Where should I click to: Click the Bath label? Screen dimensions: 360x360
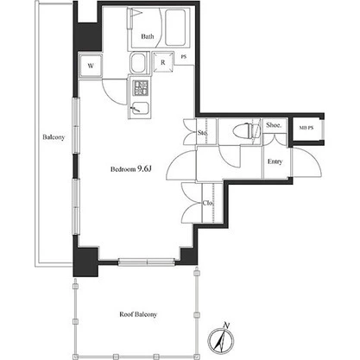tap(148, 36)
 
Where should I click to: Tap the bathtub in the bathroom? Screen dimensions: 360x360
tap(175, 28)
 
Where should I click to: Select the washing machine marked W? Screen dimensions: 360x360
tap(91, 66)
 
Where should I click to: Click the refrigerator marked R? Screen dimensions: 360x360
tap(163, 62)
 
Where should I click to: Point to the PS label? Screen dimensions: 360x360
tap(184, 57)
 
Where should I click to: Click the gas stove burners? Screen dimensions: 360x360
tap(141, 88)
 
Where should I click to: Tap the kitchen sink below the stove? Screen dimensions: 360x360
tap(141, 110)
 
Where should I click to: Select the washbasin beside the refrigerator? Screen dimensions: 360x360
tap(138, 63)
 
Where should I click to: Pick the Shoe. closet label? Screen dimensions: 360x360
tap(274, 125)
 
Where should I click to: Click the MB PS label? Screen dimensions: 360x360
tap(306, 128)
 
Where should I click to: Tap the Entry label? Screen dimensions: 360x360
tap(275, 161)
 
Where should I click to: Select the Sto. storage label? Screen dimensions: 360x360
tap(203, 133)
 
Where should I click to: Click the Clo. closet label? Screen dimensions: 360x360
tap(208, 203)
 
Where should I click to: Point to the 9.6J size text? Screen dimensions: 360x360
tap(144, 169)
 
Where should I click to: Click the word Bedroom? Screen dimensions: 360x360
tap(123, 169)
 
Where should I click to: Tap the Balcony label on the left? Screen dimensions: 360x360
tap(54, 137)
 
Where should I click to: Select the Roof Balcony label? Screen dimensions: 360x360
tap(138, 314)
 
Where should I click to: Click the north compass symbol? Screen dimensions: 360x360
tap(221, 340)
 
